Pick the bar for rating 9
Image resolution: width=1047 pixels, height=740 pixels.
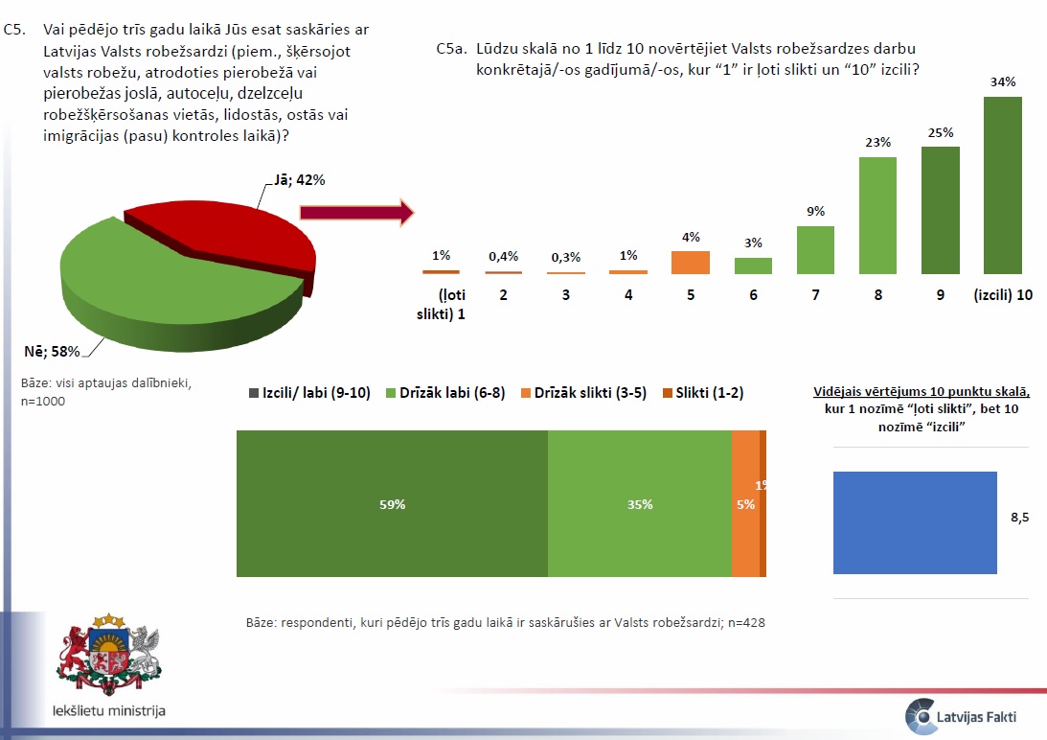pos(940,210)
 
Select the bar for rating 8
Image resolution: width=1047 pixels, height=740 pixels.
pos(877,215)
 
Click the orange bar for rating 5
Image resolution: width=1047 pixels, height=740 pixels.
pos(691,263)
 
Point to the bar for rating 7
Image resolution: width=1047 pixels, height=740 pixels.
pos(815,250)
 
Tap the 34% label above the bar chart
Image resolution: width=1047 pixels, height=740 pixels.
pos(1002,82)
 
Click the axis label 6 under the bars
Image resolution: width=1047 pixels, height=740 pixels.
pos(753,295)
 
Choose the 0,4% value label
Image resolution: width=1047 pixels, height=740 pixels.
pos(504,256)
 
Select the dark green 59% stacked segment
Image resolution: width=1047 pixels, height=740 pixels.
pos(392,504)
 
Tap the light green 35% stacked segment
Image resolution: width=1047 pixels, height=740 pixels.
pos(639,504)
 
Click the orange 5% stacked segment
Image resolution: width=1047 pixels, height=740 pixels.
pos(744,504)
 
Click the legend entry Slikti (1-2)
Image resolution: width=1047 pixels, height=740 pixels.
pos(703,392)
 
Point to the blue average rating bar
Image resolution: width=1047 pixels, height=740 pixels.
pos(915,522)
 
